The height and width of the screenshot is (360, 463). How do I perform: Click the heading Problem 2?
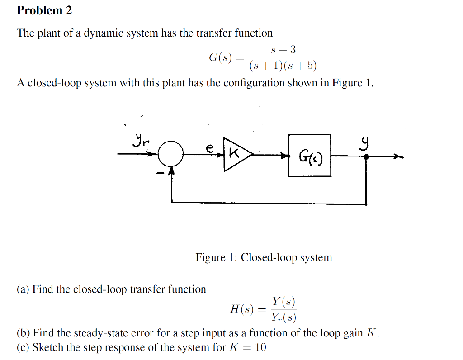coord(44,10)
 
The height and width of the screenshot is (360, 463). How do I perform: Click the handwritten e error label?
coord(209,147)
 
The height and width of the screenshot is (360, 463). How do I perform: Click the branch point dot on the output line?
coord(366,156)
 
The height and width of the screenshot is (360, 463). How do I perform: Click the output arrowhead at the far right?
coord(398,157)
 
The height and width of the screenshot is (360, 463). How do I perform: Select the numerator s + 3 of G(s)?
coord(283,49)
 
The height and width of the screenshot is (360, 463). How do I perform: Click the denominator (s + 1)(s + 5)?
coord(283,66)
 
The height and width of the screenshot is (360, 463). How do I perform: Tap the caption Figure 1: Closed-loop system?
coord(264,257)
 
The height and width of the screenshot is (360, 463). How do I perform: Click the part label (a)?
coord(24,289)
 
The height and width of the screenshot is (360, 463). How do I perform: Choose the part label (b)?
coord(24,333)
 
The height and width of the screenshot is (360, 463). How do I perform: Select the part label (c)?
coord(24,347)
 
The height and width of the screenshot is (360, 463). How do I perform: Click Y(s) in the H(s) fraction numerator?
coord(283,301)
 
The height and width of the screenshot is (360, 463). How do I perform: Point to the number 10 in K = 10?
coord(260,347)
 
